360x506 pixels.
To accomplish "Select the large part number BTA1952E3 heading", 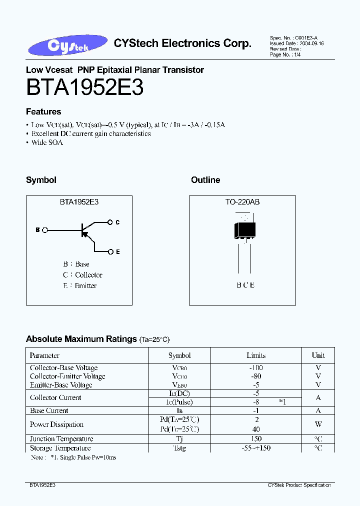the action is pos(85,88).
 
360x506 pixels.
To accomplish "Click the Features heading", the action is pos(43,112).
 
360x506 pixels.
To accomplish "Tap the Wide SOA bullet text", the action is pos(47,142).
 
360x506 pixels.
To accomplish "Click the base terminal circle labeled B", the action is pos(45,230).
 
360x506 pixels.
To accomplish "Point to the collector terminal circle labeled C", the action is pos(110,222).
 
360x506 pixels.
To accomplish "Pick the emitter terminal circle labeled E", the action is pos(110,251).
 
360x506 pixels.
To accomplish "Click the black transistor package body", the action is pos(244,230).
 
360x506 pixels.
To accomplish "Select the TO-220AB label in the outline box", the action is pos(242,202).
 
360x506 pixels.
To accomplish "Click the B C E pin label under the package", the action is pos(245,285).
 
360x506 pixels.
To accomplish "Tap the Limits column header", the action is pos(256,355).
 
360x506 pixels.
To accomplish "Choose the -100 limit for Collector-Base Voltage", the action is pos(256,368).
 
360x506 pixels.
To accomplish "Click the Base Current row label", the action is pos(49,410).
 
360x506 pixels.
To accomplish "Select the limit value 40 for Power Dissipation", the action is pos(256,429).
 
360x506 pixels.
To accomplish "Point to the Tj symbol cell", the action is pos(179,439).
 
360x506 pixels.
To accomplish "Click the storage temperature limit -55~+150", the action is pos(256,448).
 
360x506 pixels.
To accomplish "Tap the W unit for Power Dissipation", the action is pos(318,424).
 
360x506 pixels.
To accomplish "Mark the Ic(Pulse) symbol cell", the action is pos(179,402).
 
